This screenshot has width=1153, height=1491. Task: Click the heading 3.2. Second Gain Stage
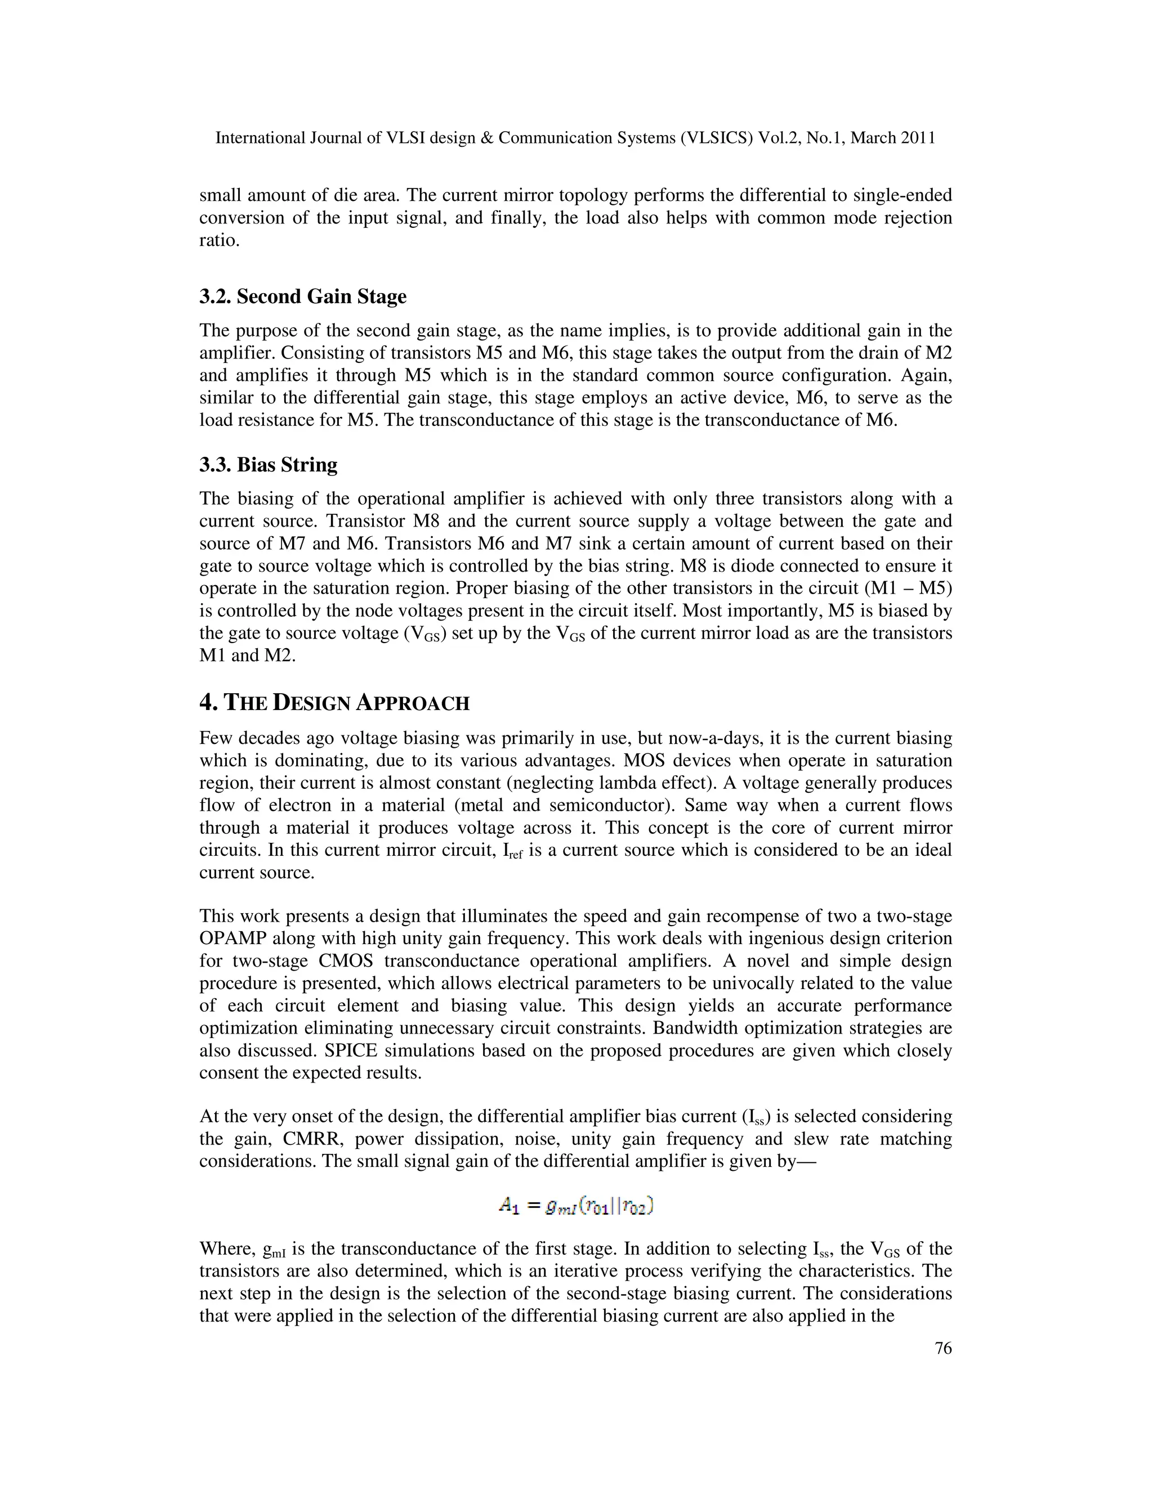(x=302, y=297)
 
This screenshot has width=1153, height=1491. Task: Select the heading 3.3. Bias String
(x=268, y=466)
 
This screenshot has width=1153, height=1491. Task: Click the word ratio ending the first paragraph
(x=218, y=241)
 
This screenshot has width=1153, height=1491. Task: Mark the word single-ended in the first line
(x=904, y=196)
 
